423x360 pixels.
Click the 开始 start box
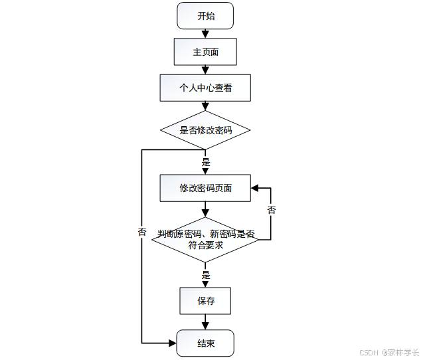click(x=205, y=16)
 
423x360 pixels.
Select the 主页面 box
click(x=205, y=52)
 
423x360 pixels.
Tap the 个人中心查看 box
click(x=205, y=88)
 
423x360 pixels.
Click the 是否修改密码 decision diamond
click(x=205, y=130)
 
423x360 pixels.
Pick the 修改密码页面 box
click(x=205, y=188)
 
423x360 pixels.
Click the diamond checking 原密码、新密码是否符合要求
click(x=205, y=239)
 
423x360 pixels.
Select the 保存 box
click(x=205, y=301)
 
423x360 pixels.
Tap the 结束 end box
click(x=205, y=343)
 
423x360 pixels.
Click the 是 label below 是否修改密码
click(x=206, y=162)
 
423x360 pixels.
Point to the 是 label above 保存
click(x=206, y=275)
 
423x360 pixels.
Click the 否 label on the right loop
click(x=271, y=211)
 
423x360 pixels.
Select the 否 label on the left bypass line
click(x=142, y=232)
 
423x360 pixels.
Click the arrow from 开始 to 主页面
click(x=205, y=33)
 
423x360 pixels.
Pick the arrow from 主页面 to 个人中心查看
click(x=205, y=70)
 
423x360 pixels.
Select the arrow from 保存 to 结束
click(x=205, y=322)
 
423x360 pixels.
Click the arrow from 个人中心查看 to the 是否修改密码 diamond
click(x=205, y=106)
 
